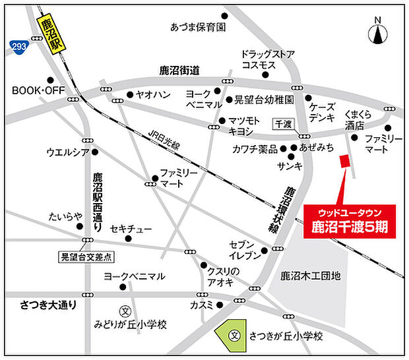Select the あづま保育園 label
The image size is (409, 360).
(197, 28)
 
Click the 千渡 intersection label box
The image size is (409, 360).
(284, 125)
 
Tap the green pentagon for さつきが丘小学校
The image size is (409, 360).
(232, 334)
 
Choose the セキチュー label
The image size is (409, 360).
(131, 229)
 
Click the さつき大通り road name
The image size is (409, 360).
(45, 305)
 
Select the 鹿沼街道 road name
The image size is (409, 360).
(179, 71)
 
